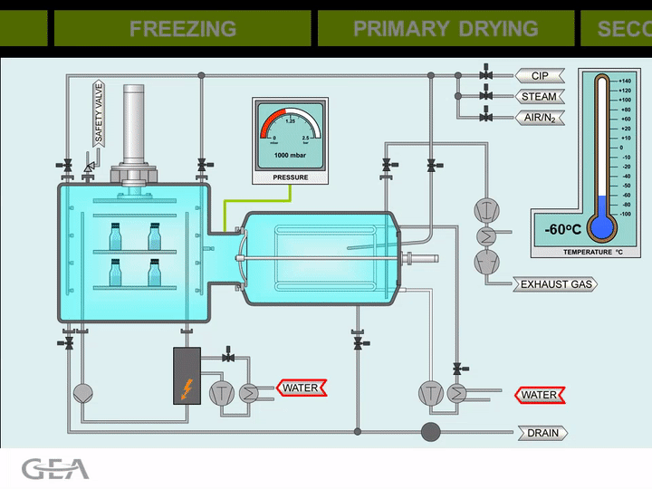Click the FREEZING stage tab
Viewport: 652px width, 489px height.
pyautogui.click(x=183, y=28)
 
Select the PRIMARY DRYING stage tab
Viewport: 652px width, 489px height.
pyautogui.click(x=445, y=28)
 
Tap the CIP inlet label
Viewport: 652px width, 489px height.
pyautogui.click(x=540, y=76)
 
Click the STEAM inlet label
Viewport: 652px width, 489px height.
pyautogui.click(x=540, y=97)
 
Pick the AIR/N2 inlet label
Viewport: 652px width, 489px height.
pyautogui.click(x=541, y=118)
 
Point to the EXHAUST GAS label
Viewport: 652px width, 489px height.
pyautogui.click(x=556, y=284)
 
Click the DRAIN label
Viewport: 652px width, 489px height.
pyautogui.click(x=543, y=433)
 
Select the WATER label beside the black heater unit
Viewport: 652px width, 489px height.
pyautogui.click(x=300, y=388)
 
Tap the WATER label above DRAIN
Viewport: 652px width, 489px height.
pyautogui.click(x=539, y=395)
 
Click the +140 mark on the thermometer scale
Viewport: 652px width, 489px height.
pyautogui.click(x=625, y=81)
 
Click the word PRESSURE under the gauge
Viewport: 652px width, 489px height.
pyautogui.click(x=291, y=177)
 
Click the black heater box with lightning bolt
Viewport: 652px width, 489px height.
pyautogui.click(x=187, y=375)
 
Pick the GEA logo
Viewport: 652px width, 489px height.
pyautogui.click(x=55, y=469)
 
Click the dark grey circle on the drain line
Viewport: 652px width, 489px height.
pyautogui.click(x=431, y=431)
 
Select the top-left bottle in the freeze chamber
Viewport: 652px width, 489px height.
pyautogui.click(x=115, y=236)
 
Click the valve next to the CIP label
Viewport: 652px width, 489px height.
pyautogui.click(x=486, y=74)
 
